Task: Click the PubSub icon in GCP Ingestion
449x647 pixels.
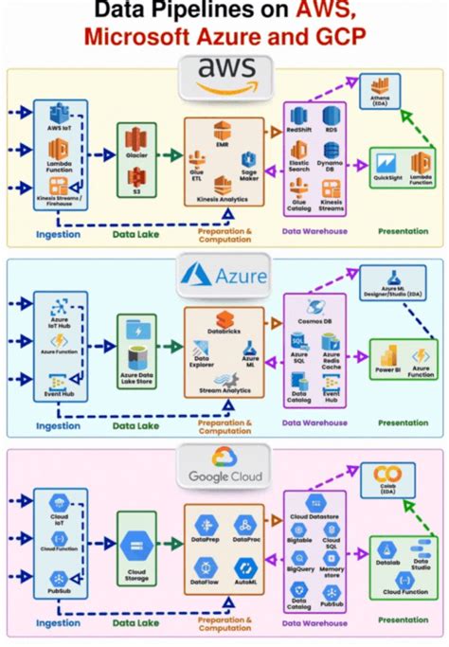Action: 59,577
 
